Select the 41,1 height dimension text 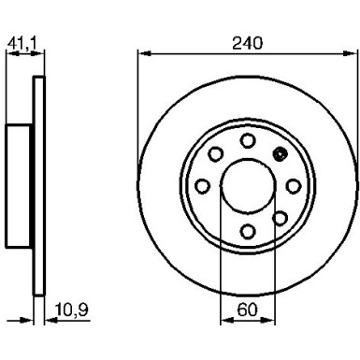(x=20, y=42)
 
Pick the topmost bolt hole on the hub (x=248, y=139)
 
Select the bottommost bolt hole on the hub (x=248, y=230)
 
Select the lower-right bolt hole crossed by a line (x=280, y=217)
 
